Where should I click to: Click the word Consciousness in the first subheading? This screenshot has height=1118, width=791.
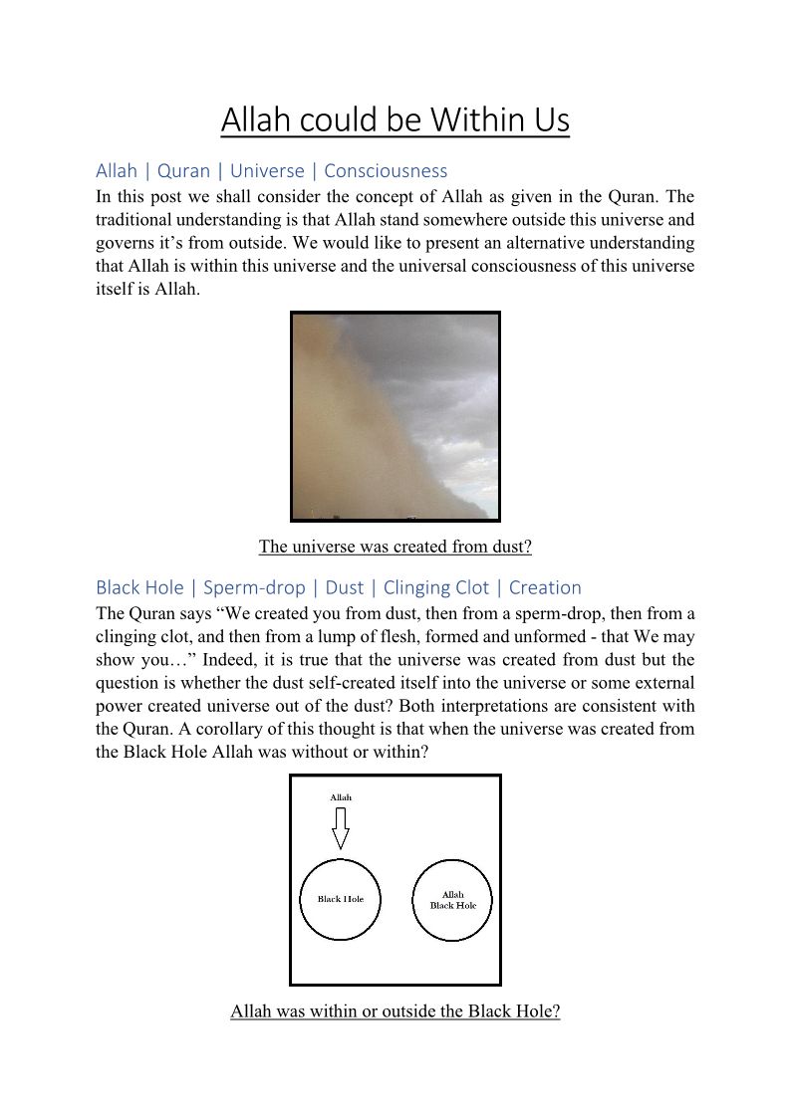386,170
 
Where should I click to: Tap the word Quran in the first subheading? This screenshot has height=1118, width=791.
184,170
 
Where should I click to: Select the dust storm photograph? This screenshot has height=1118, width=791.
395,416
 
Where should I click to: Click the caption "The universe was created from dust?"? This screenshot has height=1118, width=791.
395,547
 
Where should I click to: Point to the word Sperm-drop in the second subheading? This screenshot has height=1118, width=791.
254,587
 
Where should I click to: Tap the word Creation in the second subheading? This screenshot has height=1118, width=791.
545,587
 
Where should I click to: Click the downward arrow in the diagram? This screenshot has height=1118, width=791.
341,827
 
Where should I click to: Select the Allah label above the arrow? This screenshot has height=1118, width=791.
341,797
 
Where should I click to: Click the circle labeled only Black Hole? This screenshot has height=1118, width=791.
341,899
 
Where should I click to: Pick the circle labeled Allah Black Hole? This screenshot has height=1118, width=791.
453,900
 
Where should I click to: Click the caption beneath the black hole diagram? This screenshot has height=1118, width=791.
395,1011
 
